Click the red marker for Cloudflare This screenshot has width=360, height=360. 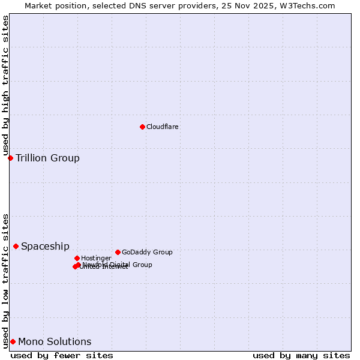click(x=142, y=127)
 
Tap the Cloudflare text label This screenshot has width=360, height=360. click(x=163, y=127)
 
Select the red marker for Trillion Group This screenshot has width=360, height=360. click(x=10, y=158)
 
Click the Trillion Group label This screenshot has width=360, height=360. click(x=47, y=158)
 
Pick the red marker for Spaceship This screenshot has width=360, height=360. click(x=16, y=246)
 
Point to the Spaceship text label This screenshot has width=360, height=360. click(x=45, y=247)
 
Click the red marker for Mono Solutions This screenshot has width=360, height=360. click(x=13, y=341)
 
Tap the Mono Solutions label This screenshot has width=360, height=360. click(x=55, y=342)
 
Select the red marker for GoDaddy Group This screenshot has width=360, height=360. click(x=118, y=252)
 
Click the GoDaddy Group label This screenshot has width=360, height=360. click(x=147, y=252)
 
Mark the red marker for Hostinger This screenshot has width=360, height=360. click(x=77, y=258)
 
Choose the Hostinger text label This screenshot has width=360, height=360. click(x=96, y=258)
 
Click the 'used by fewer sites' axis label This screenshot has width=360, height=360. click(x=62, y=355)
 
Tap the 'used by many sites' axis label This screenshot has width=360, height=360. click(x=301, y=355)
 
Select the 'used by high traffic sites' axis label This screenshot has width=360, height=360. click(x=5, y=85)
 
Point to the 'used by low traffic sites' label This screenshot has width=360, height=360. click(x=5, y=281)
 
